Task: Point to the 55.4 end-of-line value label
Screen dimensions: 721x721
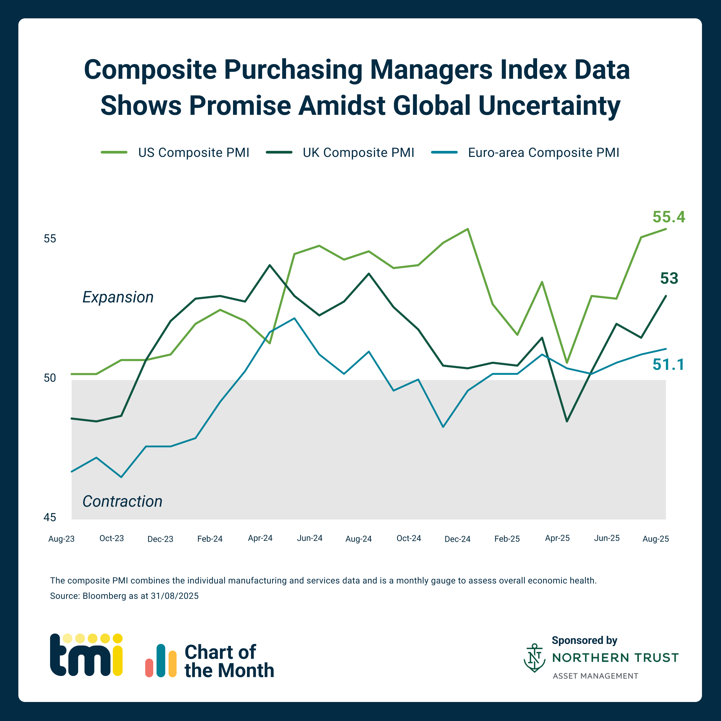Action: click(x=669, y=217)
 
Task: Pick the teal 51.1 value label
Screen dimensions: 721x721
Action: click(x=668, y=365)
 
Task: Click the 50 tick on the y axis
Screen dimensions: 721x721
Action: click(x=50, y=378)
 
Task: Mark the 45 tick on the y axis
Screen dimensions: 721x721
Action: click(x=50, y=518)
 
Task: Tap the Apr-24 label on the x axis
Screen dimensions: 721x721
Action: click(x=260, y=538)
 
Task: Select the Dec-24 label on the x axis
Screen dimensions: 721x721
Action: click(x=458, y=539)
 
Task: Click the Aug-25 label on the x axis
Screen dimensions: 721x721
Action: click(x=656, y=539)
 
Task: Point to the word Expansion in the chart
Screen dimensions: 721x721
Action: click(x=118, y=297)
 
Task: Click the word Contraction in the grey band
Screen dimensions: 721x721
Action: click(x=123, y=501)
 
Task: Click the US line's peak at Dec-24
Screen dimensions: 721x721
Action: click(x=468, y=229)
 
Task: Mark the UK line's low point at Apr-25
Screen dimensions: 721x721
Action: click(x=567, y=421)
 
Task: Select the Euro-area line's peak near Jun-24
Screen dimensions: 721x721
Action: click(x=294, y=318)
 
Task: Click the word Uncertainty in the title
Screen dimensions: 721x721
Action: click(x=549, y=105)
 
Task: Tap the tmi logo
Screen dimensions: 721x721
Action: click(x=86, y=655)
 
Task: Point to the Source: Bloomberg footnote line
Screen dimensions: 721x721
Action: click(x=124, y=596)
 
